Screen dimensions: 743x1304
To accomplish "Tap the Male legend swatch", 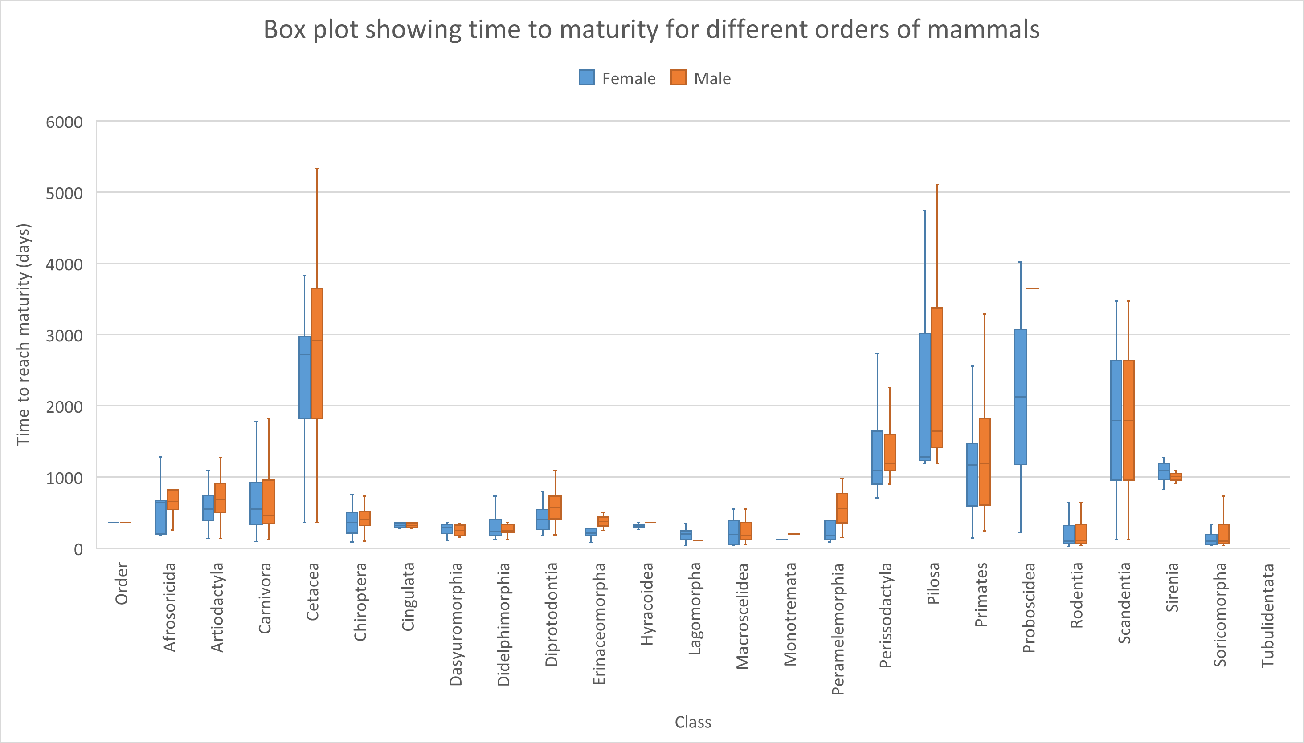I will pos(678,77).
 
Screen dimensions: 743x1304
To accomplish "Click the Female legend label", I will pos(629,79).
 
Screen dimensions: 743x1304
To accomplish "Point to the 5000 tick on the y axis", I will pos(64,193).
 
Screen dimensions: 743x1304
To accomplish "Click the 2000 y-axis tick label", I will pos(64,407).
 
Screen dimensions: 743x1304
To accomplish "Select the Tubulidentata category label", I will pos(1268,615).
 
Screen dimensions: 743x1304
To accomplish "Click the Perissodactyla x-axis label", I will pos(886,615).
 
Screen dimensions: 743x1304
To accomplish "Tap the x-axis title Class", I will pos(693,722).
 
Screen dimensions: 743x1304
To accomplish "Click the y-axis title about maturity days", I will pos(24,334).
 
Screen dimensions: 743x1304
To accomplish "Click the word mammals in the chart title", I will pos(983,29).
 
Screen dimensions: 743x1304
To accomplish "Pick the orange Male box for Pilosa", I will pos(937,378).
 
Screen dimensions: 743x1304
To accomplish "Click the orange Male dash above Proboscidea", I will pos(1032,288).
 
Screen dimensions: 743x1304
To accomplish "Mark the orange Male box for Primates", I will pos(985,461).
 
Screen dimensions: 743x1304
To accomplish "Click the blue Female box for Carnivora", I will pos(256,503).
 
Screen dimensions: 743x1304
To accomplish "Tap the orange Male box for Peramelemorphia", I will pos(842,508).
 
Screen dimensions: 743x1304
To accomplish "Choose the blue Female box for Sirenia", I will pos(1164,471).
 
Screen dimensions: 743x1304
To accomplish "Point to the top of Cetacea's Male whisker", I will pos(317,169).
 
